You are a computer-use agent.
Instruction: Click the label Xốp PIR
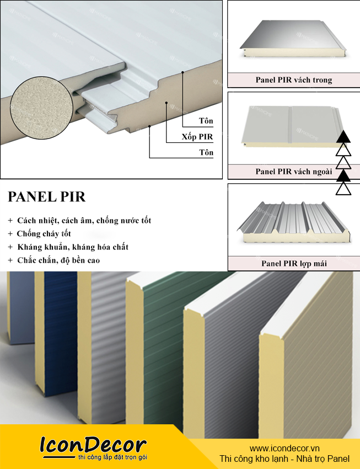tap(197, 136)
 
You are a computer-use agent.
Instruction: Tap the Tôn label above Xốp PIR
tap(206, 120)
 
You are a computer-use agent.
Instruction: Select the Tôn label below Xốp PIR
tap(206, 152)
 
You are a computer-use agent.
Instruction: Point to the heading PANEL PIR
tap(47, 198)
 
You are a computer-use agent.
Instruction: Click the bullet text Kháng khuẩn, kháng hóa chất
tap(73, 247)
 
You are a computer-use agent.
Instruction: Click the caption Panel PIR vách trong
tap(293, 80)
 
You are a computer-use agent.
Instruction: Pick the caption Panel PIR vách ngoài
tap(293, 172)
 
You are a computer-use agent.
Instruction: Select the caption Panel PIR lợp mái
tap(293, 264)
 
